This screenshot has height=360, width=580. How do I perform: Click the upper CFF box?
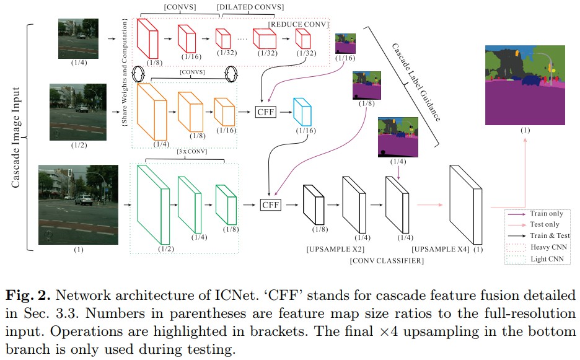265,112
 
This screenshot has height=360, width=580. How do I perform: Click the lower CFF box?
270,204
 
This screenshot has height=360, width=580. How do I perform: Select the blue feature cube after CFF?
302,113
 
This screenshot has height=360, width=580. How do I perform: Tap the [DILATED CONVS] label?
250,7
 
